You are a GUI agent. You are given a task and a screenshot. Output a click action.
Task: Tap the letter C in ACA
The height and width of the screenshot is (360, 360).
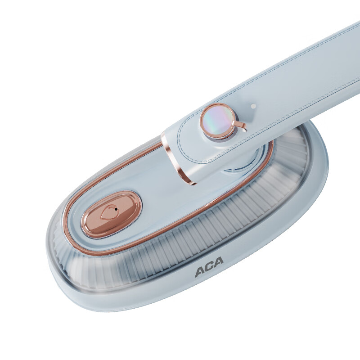click(x=209, y=267)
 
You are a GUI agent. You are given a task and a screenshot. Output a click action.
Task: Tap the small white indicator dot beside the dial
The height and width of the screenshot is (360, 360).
click(x=253, y=106)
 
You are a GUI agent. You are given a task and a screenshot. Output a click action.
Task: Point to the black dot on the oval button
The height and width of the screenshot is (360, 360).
click(x=116, y=209)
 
